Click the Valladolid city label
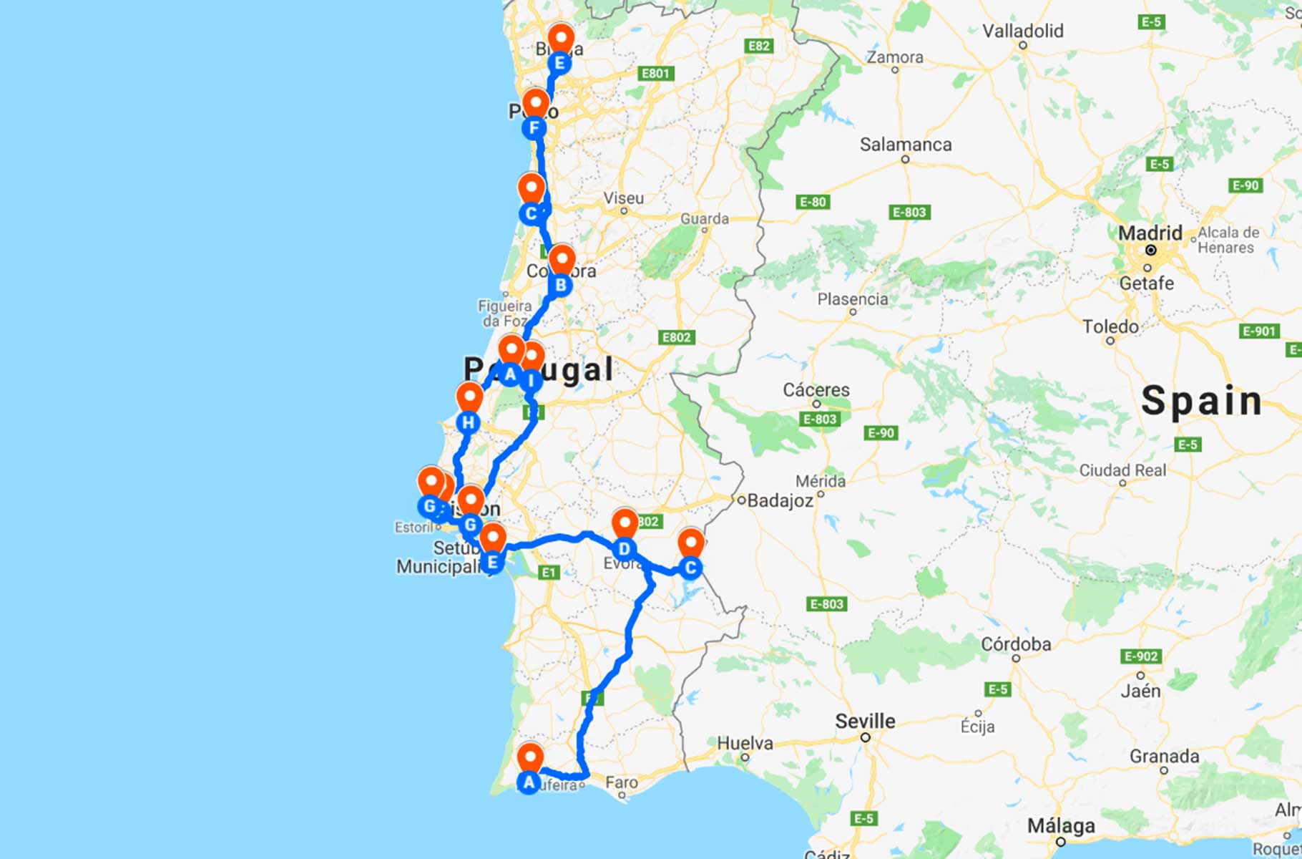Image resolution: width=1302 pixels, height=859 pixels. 1022,31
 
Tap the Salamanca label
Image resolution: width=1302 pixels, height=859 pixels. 905,145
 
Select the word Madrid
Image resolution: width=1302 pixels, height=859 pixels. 1150,233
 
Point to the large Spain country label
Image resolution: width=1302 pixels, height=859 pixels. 1201,401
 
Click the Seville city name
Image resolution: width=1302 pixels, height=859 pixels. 865,721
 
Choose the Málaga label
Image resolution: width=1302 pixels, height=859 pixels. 1061,826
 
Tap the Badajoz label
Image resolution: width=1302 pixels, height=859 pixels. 780,500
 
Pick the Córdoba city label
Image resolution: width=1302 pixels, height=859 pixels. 1016,644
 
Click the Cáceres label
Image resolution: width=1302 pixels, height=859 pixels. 816,390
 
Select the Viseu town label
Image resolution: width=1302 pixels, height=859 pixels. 624,198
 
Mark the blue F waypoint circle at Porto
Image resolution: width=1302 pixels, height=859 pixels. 534,129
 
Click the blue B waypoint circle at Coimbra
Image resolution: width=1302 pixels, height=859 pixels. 561,285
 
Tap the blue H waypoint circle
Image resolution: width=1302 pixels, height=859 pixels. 468,423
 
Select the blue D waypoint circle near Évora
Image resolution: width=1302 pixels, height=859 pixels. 625,549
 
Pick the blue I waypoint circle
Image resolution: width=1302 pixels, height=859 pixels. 531,380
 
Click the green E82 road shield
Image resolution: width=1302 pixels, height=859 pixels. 758,47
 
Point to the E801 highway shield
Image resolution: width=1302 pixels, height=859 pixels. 655,74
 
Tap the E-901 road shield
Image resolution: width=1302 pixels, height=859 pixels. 1258,331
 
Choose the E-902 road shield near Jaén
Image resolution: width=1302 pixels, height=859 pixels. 1140,656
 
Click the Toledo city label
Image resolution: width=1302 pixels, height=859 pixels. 1110,327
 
